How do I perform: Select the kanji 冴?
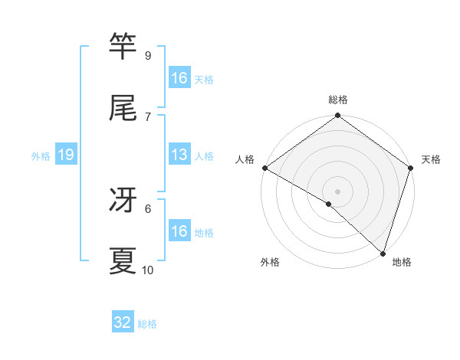tap(123, 200)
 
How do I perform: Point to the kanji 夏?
tap(123, 261)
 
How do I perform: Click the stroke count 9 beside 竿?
tap(147, 55)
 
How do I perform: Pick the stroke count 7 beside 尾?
tap(147, 116)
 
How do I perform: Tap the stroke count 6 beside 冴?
tap(147, 208)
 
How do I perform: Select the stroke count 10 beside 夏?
tap(148, 270)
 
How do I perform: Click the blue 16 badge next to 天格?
tap(179, 78)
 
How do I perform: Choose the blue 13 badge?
tap(179, 155)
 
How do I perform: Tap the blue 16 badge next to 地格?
tap(179, 231)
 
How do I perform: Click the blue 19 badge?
tap(66, 155)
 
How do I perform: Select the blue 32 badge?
tap(123, 322)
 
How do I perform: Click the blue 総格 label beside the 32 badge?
tap(147, 324)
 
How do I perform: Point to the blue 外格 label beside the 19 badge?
tap(41, 155)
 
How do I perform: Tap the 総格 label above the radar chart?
tap(338, 100)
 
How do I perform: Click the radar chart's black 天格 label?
tap(432, 159)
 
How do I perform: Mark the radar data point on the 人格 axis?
tap(264, 168)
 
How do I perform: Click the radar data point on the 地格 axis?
tap(383, 253)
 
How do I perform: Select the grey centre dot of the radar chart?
tap(338, 191)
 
